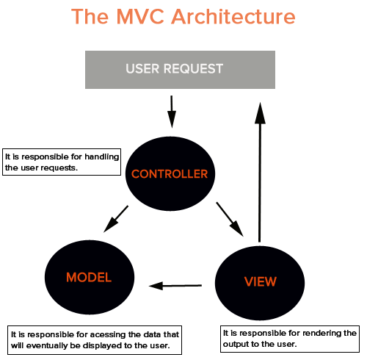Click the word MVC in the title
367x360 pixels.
click(x=140, y=17)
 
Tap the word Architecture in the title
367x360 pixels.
click(x=233, y=16)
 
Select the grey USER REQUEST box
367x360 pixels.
click(x=180, y=70)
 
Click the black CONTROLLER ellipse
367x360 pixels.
click(x=170, y=173)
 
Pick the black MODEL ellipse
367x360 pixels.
click(x=90, y=277)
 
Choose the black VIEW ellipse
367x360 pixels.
click(x=260, y=283)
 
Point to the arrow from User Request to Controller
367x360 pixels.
click(x=172, y=112)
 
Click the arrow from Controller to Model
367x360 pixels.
click(x=116, y=219)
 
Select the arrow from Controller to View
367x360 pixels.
click(x=230, y=219)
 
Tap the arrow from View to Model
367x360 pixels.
click(x=175, y=286)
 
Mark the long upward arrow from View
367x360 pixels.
click(x=260, y=172)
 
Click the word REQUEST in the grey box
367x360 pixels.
click(x=193, y=68)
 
